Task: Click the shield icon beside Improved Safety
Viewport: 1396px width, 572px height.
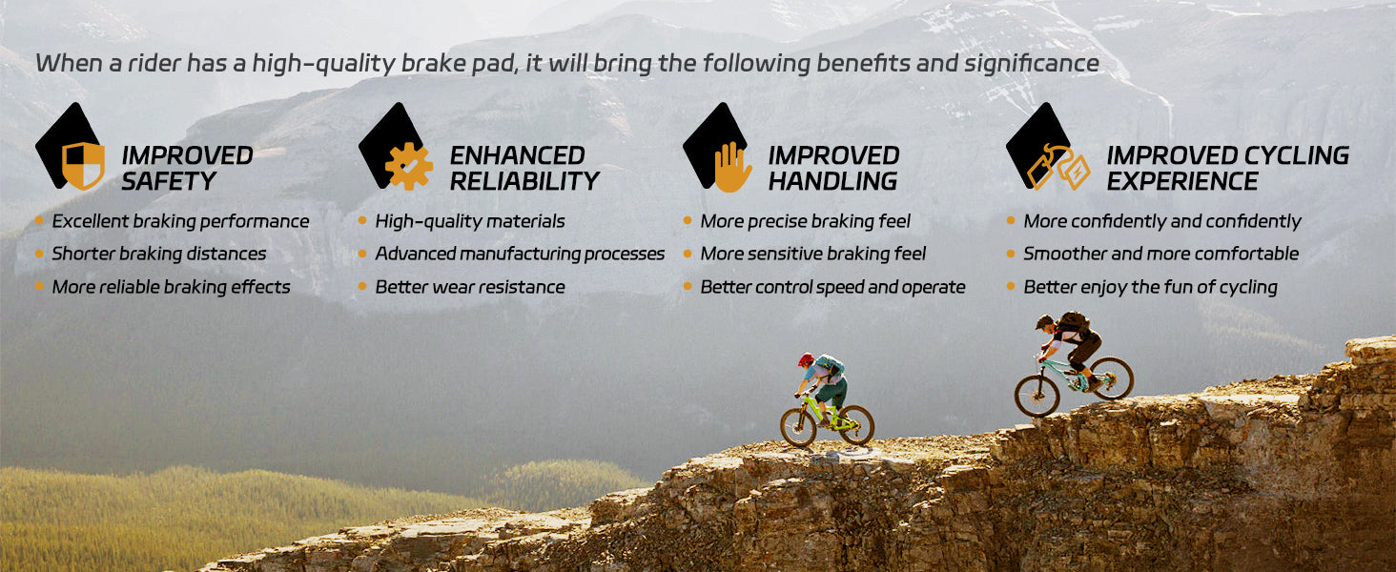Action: (x=83, y=166)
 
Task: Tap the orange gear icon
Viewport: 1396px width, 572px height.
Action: (x=409, y=167)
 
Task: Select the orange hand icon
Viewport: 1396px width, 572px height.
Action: (x=732, y=167)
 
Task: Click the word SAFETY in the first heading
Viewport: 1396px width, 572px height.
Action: (x=168, y=181)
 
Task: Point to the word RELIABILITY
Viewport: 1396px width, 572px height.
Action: (x=524, y=181)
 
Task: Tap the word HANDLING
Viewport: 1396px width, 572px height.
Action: (x=832, y=181)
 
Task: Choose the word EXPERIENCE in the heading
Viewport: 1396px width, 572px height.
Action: (x=1182, y=181)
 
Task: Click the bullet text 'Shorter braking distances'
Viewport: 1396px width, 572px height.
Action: (x=159, y=255)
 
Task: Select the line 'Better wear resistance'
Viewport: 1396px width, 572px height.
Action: (x=470, y=287)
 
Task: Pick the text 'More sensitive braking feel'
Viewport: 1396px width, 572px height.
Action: (x=812, y=255)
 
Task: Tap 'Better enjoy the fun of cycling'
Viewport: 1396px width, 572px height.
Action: (x=1150, y=287)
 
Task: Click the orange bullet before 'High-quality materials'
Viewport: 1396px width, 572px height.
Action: (x=362, y=220)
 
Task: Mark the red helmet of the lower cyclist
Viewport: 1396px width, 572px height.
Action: (x=806, y=359)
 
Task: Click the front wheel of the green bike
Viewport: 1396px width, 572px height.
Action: (x=798, y=427)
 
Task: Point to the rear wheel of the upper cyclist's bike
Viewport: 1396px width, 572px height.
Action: (x=1113, y=378)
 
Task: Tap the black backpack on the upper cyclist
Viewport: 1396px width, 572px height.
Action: (x=1074, y=323)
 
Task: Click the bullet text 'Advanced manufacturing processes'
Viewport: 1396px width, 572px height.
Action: (x=520, y=255)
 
